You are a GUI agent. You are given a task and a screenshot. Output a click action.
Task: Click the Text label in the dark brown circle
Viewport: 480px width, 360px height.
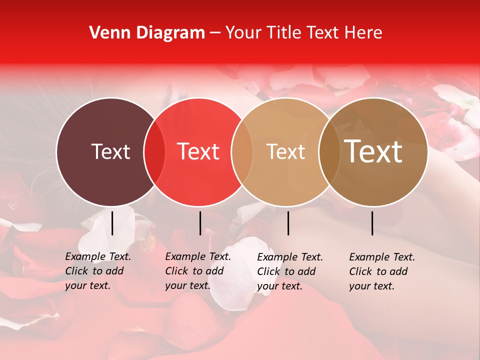(110, 151)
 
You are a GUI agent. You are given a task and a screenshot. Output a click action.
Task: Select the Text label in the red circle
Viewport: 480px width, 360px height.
(198, 151)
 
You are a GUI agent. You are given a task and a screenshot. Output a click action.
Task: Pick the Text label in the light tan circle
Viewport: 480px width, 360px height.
(285, 151)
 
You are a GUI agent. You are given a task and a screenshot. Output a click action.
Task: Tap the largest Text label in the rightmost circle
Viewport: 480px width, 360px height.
(373, 151)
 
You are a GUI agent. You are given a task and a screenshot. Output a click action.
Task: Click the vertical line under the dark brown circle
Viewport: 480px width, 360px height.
(112, 223)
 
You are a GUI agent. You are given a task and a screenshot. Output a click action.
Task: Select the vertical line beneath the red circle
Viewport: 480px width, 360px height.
(200, 223)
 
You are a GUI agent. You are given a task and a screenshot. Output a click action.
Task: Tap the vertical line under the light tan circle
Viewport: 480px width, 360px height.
(288, 223)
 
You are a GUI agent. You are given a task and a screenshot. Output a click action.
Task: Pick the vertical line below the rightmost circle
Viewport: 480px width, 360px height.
(372, 223)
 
